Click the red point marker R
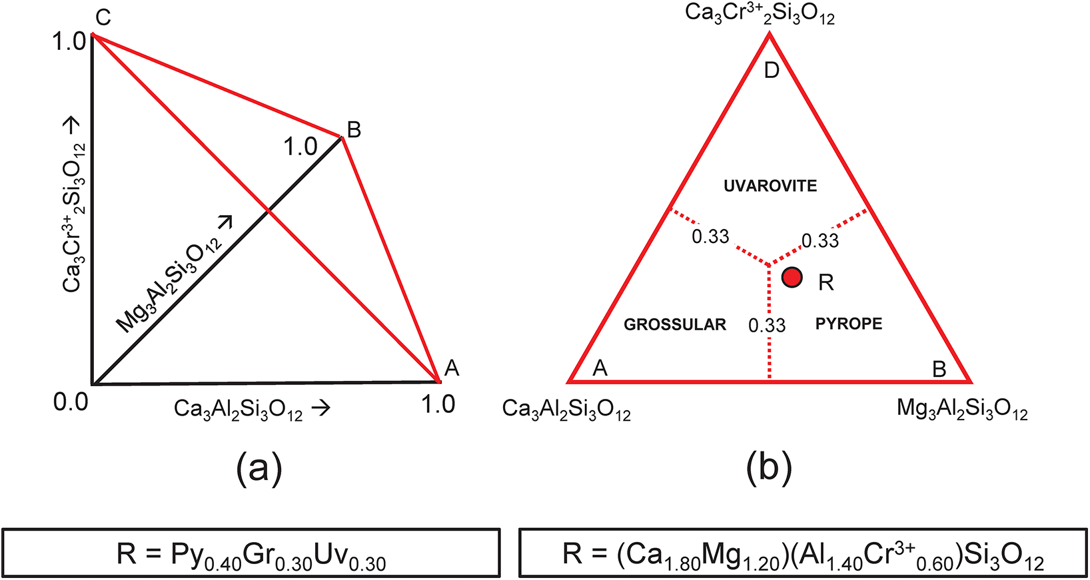[x=792, y=277]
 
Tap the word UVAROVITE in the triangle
[x=770, y=186]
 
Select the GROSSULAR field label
[x=674, y=325]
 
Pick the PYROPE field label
[x=848, y=324]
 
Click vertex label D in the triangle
[x=771, y=71]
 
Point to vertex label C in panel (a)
[x=102, y=18]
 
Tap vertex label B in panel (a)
[x=354, y=131]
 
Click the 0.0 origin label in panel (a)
[x=71, y=402]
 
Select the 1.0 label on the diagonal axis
[x=300, y=146]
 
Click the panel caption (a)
[x=259, y=468]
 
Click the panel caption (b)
[x=769, y=468]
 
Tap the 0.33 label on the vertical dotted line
[x=766, y=326]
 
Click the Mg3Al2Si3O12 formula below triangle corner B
[x=961, y=408]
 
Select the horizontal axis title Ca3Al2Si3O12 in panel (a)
[x=251, y=408]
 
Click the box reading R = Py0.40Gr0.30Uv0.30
[x=251, y=553]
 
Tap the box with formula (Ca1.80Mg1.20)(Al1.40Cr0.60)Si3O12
[x=803, y=553]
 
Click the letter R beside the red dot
[x=825, y=283]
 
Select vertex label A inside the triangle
[x=600, y=368]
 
